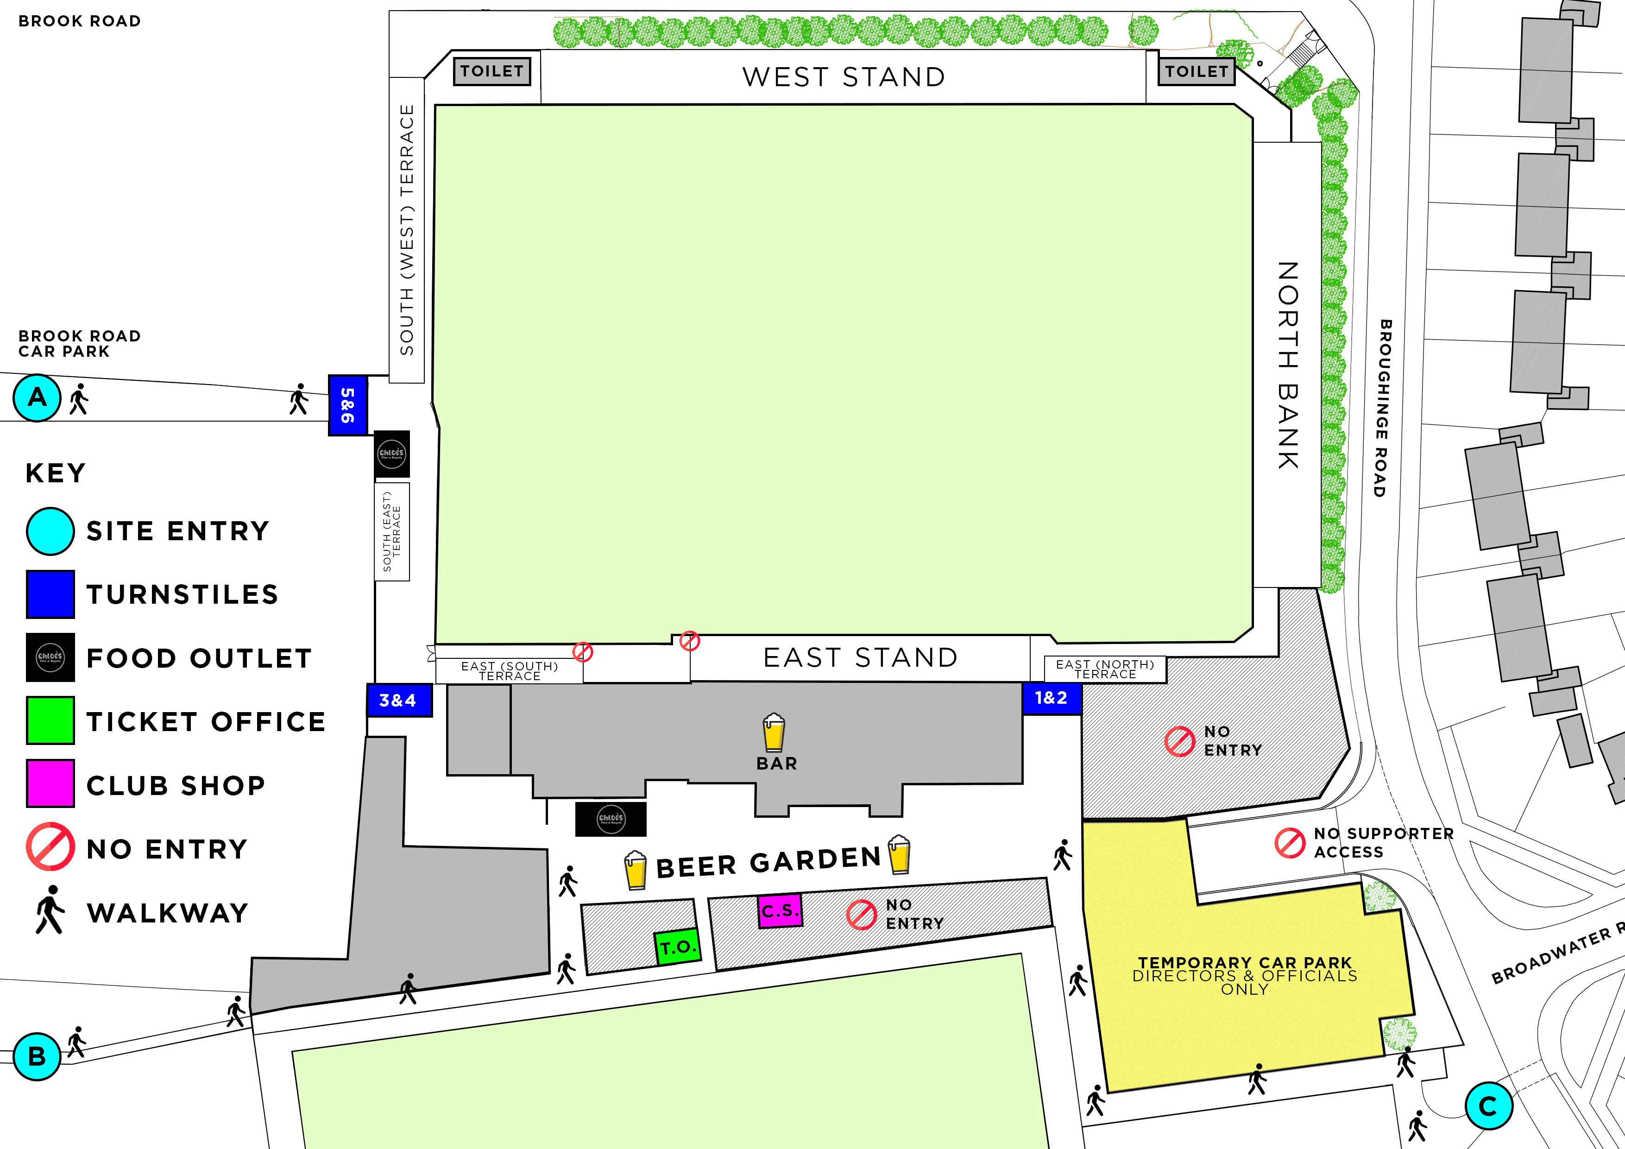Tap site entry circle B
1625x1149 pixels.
tap(37, 1056)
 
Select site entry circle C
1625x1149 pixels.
tap(1488, 1106)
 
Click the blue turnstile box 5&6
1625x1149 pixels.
tap(347, 405)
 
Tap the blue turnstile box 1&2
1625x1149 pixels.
tap(1051, 698)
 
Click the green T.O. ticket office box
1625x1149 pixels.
tap(677, 947)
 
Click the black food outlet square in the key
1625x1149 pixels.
tap(50, 657)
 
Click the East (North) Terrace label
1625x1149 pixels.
tap(1105, 669)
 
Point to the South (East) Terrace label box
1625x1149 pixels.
tap(391, 532)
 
